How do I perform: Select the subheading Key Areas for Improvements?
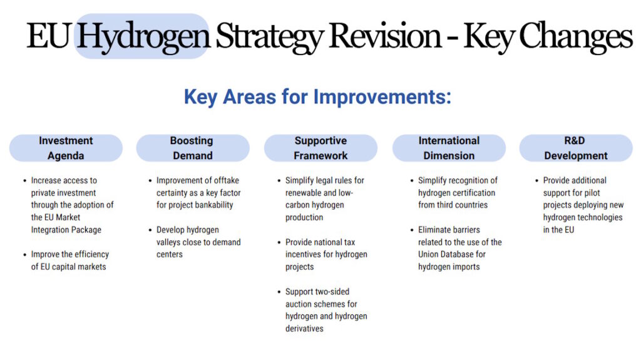tap(317, 97)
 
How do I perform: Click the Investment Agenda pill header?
tap(66, 148)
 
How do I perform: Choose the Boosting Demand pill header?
tap(193, 148)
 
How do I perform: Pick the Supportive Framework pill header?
tap(320, 148)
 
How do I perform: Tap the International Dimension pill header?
tap(449, 148)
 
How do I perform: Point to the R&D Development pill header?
tap(576, 148)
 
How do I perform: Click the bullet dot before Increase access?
tap(24, 180)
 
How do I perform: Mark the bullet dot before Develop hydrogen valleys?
tap(150, 230)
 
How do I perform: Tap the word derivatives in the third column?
tap(304, 328)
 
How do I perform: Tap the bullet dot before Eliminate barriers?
tap(411, 230)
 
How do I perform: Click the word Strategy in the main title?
tap(270, 36)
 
